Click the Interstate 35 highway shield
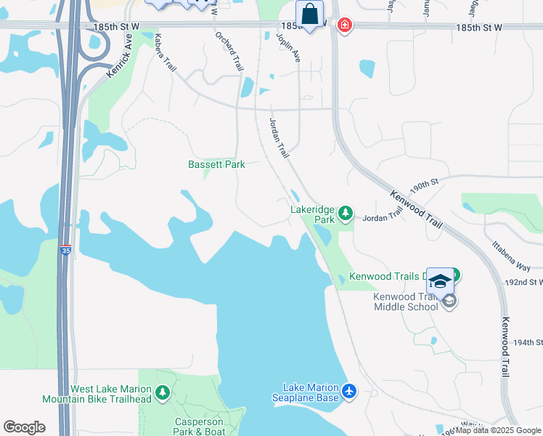pos(66,249)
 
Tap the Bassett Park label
pos(216,164)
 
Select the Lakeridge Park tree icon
pos(346,213)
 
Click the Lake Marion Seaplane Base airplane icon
pos(349,392)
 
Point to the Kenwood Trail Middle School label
pos(406,302)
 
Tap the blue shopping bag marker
pos(310,14)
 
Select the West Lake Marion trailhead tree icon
pos(163,394)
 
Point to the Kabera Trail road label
pos(165,65)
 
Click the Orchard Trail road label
pos(229,52)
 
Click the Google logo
pos(24,427)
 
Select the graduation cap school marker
pos(440,280)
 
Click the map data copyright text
pos(499,430)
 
